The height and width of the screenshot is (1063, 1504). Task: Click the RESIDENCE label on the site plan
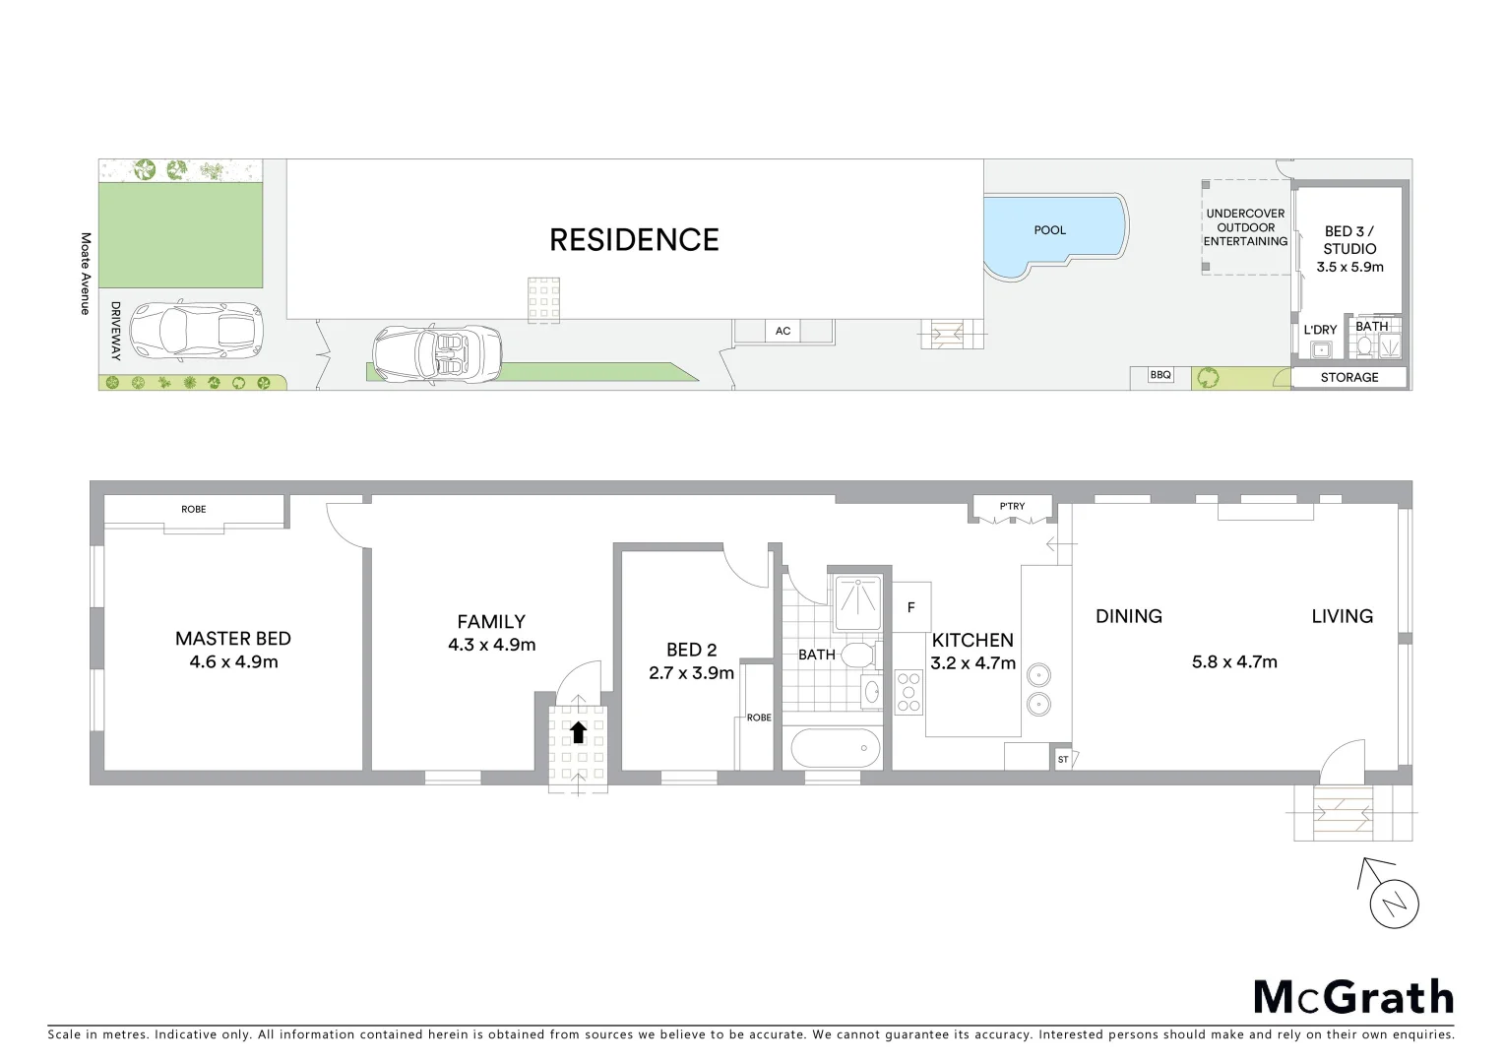(x=634, y=240)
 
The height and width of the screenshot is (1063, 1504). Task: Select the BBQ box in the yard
(x=1160, y=375)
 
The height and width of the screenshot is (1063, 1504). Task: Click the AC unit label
(x=783, y=332)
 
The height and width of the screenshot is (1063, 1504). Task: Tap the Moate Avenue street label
(x=86, y=274)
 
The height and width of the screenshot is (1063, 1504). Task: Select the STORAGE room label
(x=1348, y=378)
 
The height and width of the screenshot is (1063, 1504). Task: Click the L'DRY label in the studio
(x=1320, y=330)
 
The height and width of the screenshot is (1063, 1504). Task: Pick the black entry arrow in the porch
(x=578, y=731)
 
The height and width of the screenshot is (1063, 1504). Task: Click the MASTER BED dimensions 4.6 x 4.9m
(x=233, y=662)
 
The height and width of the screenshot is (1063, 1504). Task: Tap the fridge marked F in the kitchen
(x=910, y=607)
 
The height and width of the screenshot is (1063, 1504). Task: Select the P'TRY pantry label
(x=1012, y=507)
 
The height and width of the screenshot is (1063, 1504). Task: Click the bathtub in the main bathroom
(x=836, y=749)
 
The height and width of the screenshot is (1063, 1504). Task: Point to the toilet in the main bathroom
(x=857, y=656)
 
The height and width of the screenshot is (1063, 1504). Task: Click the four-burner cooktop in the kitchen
(x=909, y=692)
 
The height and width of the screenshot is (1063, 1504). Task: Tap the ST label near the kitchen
(x=1063, y=760)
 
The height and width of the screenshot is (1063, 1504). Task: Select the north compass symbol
(x=1394, y=903)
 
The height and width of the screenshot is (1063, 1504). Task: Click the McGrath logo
(x=1353, y=997)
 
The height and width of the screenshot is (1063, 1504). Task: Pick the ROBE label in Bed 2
(x=759, y=718)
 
